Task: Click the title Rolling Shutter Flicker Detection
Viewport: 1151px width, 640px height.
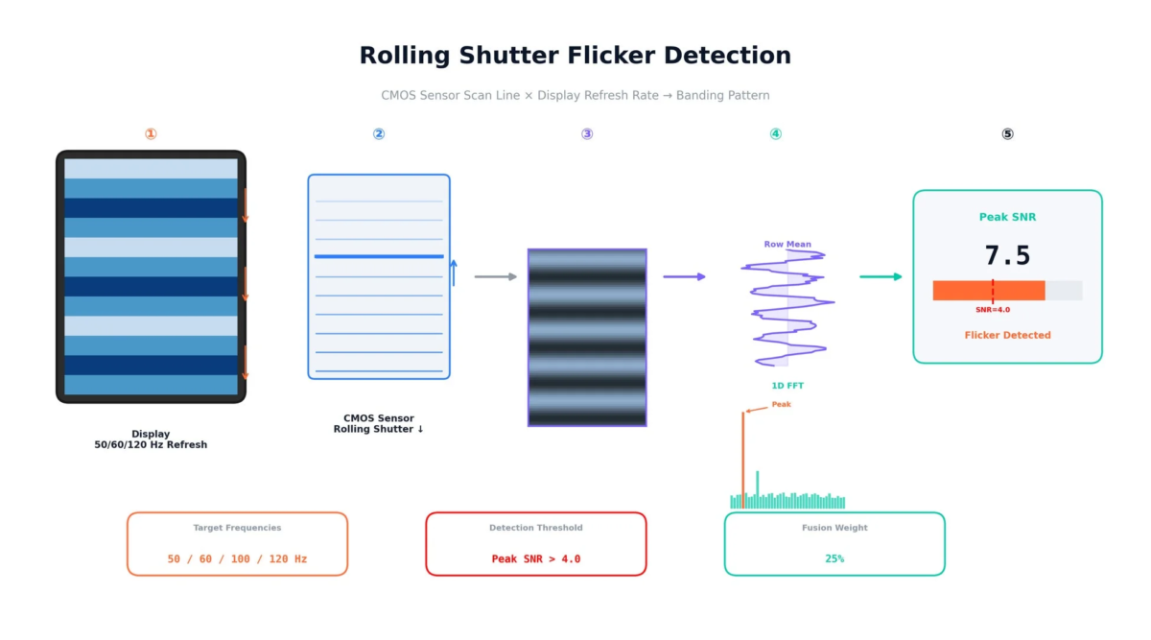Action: click(x=575, y=56)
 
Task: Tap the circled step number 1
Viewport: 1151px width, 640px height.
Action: click(x=151, y=134)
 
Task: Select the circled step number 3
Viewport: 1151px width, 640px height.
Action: click(x=587, y=134)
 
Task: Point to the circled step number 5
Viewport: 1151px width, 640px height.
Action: click(x=1007, y=134)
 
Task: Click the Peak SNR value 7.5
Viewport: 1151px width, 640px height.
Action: click(x=1007, y=256)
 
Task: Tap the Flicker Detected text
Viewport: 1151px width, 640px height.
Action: click(x=1007, y=336)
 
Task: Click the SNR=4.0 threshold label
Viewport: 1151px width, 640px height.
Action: click(x=993, y=310)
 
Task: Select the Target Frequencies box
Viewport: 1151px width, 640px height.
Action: click(x=237, y=544)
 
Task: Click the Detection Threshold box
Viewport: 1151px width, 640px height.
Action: click(x=536, y=544)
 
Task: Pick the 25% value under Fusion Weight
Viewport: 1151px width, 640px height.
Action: click(x=834, y=558)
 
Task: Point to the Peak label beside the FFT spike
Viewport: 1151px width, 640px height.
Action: click(x=782, y=405)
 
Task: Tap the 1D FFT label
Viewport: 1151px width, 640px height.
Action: click(x=787, y=386)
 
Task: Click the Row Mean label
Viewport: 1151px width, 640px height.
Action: click(x=787, y=245)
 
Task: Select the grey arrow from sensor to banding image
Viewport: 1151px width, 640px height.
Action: click(x=495, y=276)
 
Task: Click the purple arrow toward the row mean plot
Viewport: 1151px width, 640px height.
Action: click(x=684, y=276)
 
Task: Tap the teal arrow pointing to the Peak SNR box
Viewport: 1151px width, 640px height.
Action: click(x=881, y=276)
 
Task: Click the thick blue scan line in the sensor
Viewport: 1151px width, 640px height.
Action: click(x=379, y=256)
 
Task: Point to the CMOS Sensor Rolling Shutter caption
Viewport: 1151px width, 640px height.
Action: click(x=379, y=424)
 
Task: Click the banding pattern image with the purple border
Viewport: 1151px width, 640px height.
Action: click(x=587, y=338)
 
